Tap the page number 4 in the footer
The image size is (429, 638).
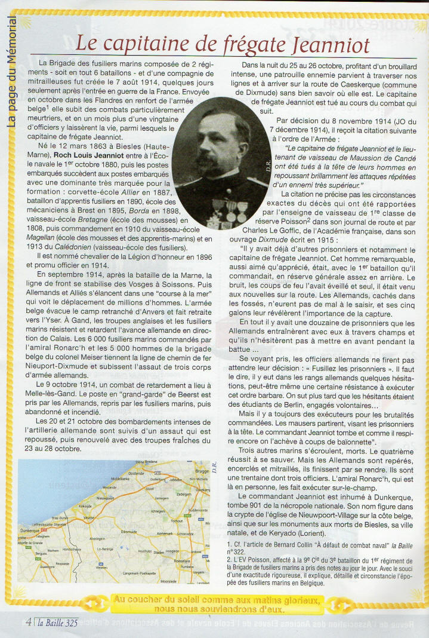(x=28, y=621)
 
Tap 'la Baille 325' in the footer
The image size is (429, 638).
(x=58, y=622)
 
